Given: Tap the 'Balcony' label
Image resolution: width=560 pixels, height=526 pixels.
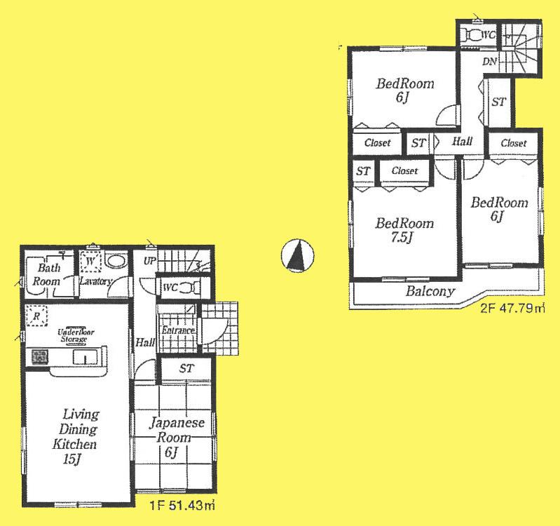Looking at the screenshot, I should pos(430,291).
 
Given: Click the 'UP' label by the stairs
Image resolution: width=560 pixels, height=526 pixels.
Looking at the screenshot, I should pos(149,261).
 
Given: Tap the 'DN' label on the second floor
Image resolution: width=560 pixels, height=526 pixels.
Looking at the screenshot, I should pos(489,62).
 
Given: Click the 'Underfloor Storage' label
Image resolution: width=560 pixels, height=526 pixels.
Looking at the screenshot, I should pos(73,335).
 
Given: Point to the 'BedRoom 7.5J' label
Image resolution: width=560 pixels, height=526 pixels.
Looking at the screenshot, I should pos(404,230).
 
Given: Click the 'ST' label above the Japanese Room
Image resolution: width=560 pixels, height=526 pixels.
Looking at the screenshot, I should pos(186,368).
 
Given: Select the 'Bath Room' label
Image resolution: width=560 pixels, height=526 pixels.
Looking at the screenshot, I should pos(49,274).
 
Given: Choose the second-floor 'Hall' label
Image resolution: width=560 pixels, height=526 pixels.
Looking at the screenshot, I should pos(462,142).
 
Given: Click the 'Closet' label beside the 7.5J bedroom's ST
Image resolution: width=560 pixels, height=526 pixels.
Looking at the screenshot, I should pos(405,170).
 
